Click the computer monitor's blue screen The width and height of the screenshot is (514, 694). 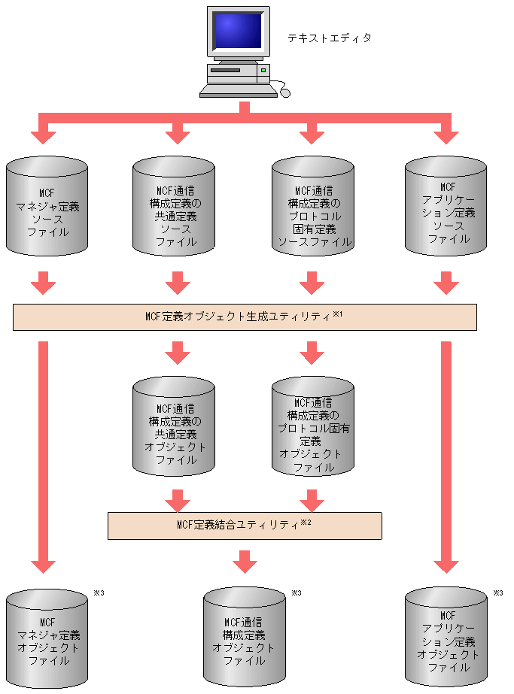click(x=239, y=32)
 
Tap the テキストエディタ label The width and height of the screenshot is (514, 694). click(x=330, y=38)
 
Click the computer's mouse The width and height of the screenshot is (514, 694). click(x=284, y=92)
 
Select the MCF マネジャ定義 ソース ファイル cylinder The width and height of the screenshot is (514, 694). click(x=47, y=208)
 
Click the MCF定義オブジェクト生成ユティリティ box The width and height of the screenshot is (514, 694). click(x=245, y=317)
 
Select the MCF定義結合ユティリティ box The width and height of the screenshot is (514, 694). click(x=245, y=526)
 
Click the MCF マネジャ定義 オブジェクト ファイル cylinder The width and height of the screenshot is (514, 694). click(x=47, y=639)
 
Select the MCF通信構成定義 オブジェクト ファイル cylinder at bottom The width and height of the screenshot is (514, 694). click(x=244, y=639)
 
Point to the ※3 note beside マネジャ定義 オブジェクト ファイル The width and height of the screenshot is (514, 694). click(x=98, y=593)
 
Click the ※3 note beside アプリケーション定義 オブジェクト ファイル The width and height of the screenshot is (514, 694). click(x=497, y=593)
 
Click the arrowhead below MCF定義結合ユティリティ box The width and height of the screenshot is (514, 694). click(x=244, y=562)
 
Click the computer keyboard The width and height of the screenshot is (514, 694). click(x=238, y=90)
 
